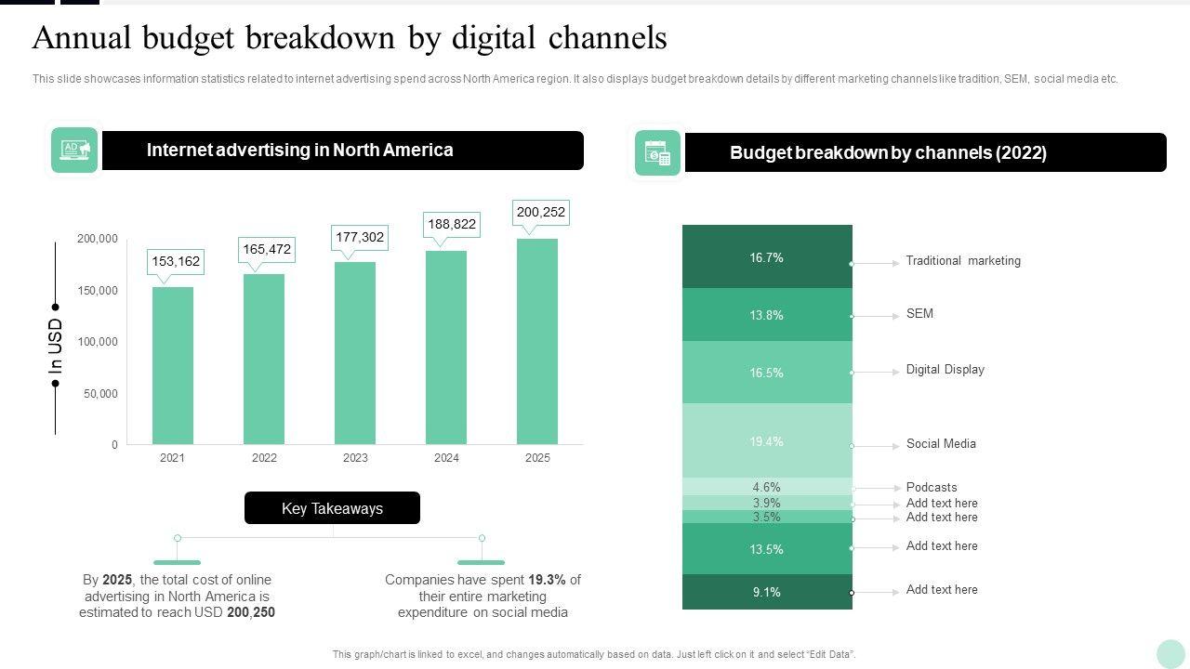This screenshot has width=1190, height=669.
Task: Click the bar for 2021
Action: point(173,365)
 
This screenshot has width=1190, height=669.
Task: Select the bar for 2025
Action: point(537,341)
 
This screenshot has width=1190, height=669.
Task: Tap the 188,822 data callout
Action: point(452,224)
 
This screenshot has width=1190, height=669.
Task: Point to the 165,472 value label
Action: point(267,249)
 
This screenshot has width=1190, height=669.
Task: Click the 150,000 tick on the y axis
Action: point(98,291)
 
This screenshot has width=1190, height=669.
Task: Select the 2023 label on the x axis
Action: point(355,457)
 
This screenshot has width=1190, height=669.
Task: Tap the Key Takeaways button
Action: point(332,508)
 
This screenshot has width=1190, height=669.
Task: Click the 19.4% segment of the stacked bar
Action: point(767,441)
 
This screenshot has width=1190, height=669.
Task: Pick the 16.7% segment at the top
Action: point(767,257)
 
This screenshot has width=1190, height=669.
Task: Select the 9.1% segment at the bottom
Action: point(767,592)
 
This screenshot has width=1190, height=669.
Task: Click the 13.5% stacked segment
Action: point(767,549)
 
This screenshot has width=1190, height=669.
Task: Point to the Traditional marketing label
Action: point(963,261)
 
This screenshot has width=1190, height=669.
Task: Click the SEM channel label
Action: point(919,314)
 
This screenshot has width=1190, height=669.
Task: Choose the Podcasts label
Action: point(932,488)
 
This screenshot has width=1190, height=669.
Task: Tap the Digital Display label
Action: point(945,370)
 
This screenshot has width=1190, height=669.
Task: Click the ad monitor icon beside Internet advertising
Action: point(74,151)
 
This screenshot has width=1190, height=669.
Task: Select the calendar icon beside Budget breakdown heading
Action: point(657,153)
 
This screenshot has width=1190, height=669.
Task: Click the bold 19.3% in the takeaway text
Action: point(547,580)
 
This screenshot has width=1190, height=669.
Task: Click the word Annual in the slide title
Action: point(83,38)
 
